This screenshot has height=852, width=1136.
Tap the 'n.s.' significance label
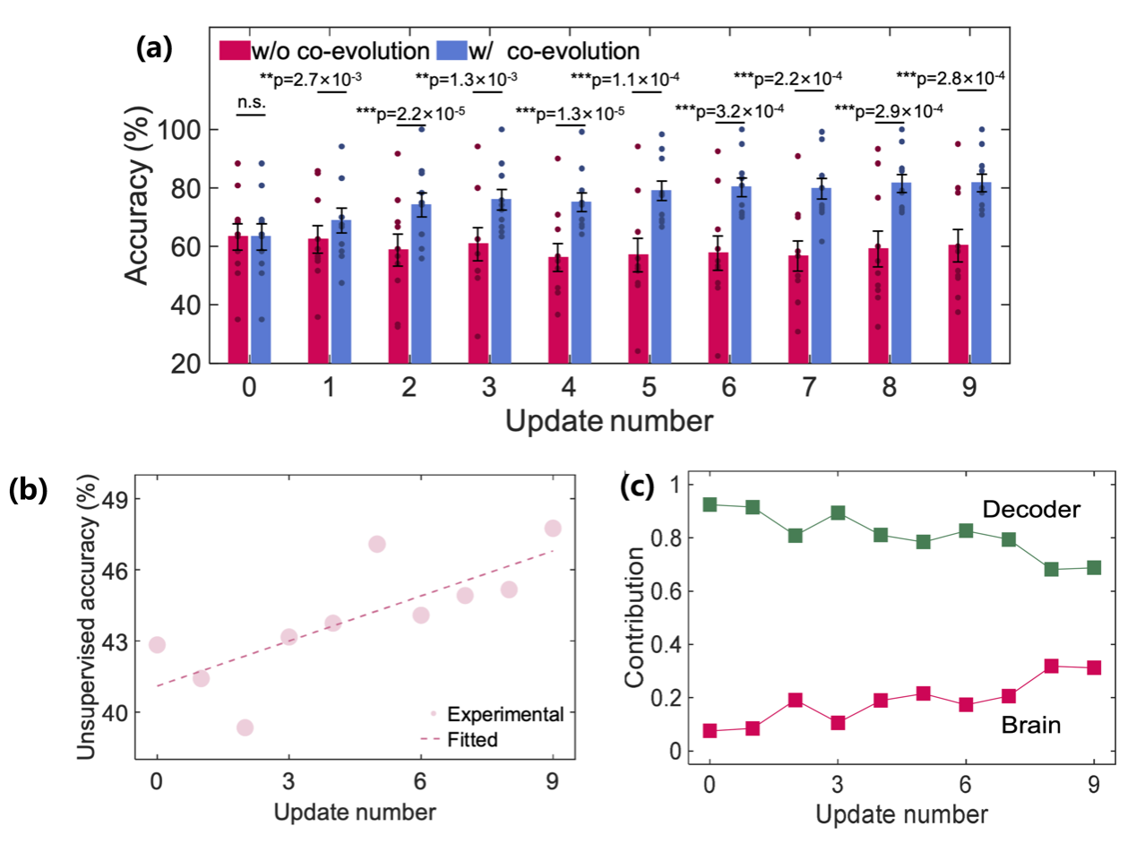(248, 103)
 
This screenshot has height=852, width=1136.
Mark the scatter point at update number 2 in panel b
(245, 727)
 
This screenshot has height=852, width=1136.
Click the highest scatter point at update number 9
(553, 528)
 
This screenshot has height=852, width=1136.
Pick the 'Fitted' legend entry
(472, 740)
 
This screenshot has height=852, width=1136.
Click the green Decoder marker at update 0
(710, 504)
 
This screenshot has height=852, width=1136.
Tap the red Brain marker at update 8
(1051, 666)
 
